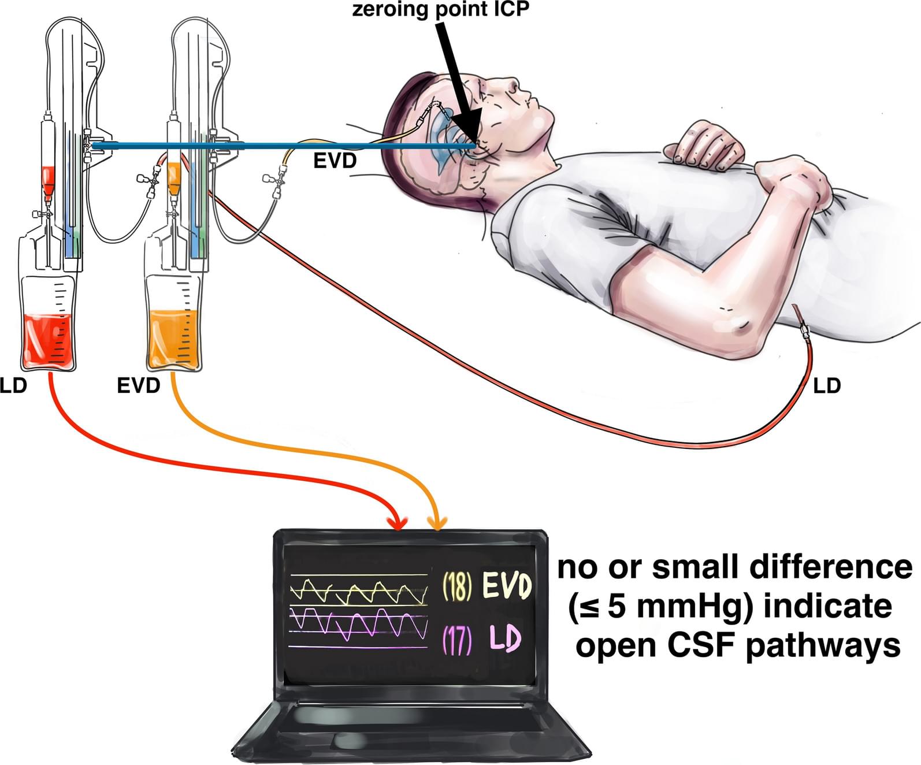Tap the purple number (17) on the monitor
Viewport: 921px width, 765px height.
tap(457, 640)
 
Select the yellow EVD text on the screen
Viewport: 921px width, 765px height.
tap(507, 586)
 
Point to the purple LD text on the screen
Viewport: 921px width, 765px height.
tap(504, 639)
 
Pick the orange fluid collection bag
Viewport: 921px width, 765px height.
tap(173, 338)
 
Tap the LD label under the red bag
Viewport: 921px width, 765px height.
tap(13, 385)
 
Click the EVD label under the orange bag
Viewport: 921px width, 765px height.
tap(138, 385)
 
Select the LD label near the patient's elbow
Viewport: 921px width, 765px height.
tap(826, 385)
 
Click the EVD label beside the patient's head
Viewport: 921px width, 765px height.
tap(335, 160)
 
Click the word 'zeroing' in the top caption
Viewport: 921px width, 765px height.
tap(392, 10)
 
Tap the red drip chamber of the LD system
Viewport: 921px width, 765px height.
tap(48, 179)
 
